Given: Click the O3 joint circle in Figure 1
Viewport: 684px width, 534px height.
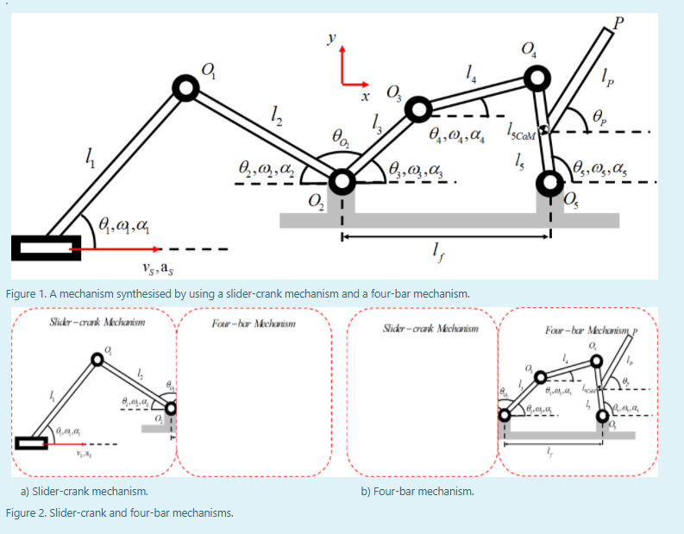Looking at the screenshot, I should [x=418, y=110].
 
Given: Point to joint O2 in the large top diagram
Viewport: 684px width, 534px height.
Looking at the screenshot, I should [x=342, y=182].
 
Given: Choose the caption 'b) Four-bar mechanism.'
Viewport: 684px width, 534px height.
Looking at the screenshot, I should [x=417, y=491].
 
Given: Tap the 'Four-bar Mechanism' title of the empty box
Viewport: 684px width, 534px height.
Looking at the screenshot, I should [x=254, y=324].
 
